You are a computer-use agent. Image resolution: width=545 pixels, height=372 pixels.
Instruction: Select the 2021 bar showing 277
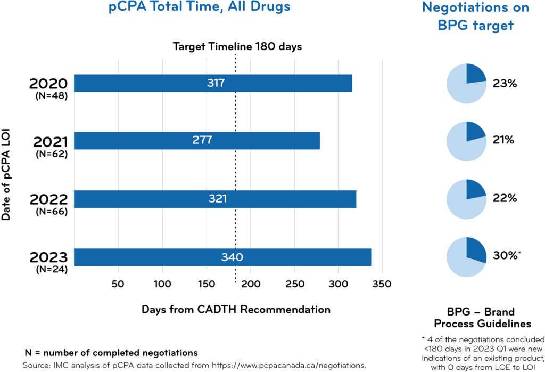(x=197, y=141)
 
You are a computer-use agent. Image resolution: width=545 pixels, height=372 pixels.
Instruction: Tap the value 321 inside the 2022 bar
(x=217, y=199)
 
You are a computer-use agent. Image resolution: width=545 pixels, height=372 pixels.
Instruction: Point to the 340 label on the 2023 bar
(x=232, y=257)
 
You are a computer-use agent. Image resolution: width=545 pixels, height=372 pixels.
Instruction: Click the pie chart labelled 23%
(x=466, y=84)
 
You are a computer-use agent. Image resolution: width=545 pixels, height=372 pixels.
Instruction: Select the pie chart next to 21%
(x=466, y=141)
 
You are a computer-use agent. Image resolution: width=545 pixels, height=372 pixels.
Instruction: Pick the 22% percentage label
(x=505, y=198)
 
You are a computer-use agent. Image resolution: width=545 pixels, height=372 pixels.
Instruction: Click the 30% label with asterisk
(x=506, y=256)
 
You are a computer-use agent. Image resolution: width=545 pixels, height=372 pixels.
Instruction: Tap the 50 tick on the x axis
(x=118, y=284)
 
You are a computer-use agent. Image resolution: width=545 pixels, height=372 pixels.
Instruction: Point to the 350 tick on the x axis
(x=382, y=284)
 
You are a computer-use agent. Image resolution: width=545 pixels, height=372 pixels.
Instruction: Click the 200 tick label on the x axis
(x=250, y=284)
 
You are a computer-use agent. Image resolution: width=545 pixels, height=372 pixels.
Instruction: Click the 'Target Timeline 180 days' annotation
(x=237, y=46)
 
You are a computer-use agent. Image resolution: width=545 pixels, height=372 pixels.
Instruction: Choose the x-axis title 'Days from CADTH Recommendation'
(x=236, y=310)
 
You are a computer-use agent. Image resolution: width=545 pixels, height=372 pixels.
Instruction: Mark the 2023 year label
(x=48, y=258)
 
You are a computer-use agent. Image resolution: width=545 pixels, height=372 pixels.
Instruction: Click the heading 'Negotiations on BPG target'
(x=475, y=16)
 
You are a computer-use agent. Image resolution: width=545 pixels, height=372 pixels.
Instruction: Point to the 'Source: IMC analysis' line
(x=194, y=366)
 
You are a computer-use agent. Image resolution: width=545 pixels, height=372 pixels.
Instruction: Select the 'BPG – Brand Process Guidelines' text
(x=482, y=318)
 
